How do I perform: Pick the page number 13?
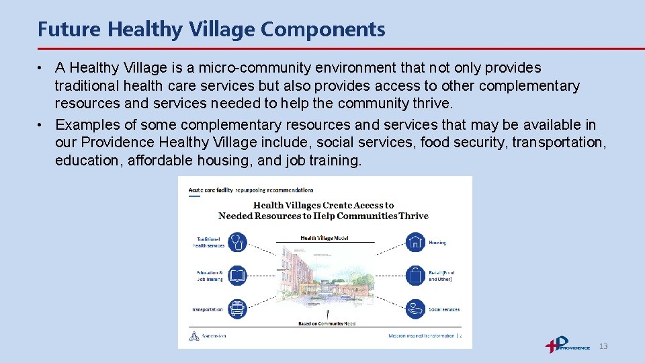(603, 346)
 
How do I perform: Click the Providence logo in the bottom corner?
(567, 345)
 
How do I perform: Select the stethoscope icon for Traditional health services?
(237, 242)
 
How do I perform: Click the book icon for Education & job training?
(237, 276)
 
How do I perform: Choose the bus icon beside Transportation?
(237, 309)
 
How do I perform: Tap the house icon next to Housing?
(415, 242)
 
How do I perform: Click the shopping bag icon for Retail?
(415, 276)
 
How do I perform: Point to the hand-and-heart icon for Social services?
(415, 309)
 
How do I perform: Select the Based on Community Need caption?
(327, 324)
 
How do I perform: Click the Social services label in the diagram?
(444, 310)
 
